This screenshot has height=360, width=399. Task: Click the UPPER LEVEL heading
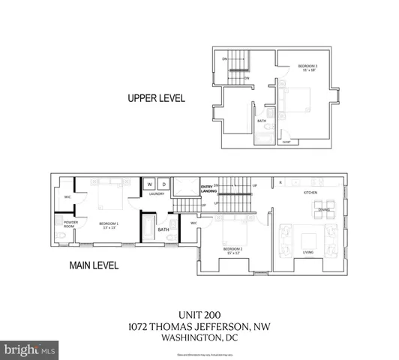(155, 98)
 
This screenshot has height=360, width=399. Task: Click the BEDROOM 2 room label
(232, 249)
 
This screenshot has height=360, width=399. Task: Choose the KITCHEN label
(310, 193)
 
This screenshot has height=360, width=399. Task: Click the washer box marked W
(150, 184)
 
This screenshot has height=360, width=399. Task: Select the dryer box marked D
(163, 184)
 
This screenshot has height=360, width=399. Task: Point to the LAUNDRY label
(157, 193)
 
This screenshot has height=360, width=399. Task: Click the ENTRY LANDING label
(208, 189)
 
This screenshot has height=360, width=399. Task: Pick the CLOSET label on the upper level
(286, 140)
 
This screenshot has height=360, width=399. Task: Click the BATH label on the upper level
(262, 121)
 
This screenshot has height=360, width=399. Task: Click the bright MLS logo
(30, 349)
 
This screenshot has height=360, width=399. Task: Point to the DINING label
(324, 211)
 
